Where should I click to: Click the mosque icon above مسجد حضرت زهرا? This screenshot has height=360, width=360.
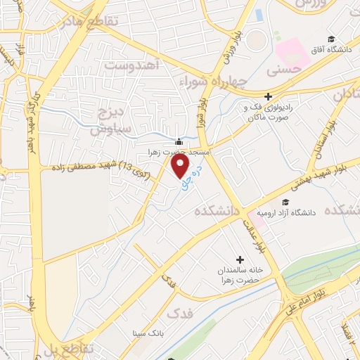[181, 141]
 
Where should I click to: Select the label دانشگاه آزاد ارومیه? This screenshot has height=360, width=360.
[288, 212]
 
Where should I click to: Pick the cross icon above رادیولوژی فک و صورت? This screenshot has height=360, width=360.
[267, 97]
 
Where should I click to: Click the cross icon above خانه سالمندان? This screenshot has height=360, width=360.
[241, 259]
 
